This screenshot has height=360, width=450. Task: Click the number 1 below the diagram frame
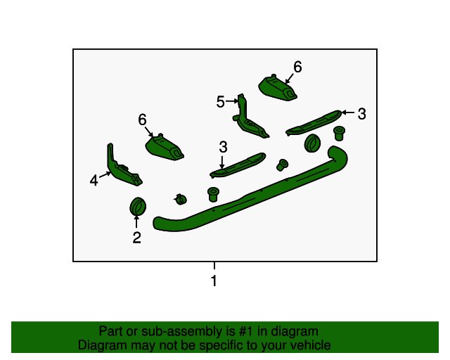[214, 281]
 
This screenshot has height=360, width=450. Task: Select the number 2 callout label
[137, 238]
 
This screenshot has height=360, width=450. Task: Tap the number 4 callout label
[94, 181]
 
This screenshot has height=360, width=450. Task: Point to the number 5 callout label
[220, 102]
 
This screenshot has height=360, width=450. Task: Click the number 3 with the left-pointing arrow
[362, 114]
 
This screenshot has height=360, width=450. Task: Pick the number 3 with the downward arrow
[223, 147]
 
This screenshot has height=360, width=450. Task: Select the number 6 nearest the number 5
[297, 67]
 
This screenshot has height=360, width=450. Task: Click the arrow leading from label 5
[232, 101]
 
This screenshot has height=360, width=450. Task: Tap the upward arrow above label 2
[136, 221]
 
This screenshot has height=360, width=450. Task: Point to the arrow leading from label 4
[105, 174]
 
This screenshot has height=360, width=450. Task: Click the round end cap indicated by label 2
[138, 206]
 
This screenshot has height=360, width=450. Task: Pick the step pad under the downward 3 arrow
[238, 165]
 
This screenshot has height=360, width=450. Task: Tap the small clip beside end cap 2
[181, 199]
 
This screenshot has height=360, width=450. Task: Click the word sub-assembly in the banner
[182, 332]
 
